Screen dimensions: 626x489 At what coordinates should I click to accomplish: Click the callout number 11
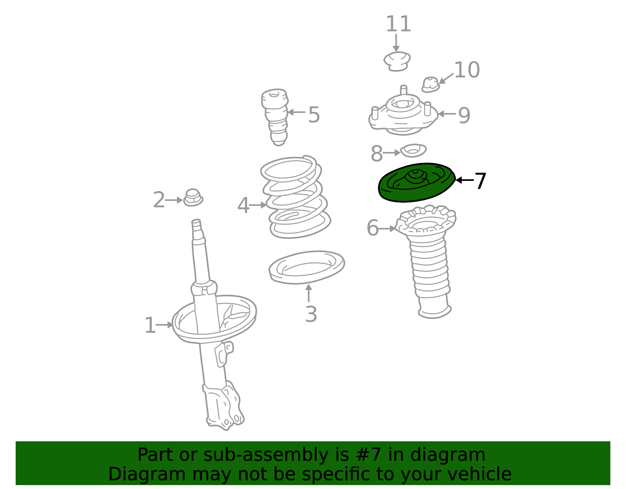coord(398,24)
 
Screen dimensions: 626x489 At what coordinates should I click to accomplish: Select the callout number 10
coord(467,70)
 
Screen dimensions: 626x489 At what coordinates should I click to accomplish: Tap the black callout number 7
coord(480,181)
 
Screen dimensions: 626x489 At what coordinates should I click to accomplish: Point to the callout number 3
coord(311,314)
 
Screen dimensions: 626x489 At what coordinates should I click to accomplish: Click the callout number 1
coord(150,326)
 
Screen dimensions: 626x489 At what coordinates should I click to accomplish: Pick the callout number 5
coord(314,115)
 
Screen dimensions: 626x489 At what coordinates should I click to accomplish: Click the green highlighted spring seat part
coord(416,182)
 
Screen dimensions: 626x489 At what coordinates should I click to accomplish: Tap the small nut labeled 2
coord(193,198)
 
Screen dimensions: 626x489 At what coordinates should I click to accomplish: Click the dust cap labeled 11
coord(397,61)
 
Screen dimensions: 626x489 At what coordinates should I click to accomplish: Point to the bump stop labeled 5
coord(275,117)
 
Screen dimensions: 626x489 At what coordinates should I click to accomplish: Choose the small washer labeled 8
coord(414,150)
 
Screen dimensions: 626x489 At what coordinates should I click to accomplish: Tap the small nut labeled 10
coord(431,85)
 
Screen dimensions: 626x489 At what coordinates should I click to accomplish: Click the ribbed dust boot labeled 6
coord(427,261)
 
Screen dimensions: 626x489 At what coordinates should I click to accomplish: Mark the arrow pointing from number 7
coord(464,180)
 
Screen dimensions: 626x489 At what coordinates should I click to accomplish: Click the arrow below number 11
coord(396,43)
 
